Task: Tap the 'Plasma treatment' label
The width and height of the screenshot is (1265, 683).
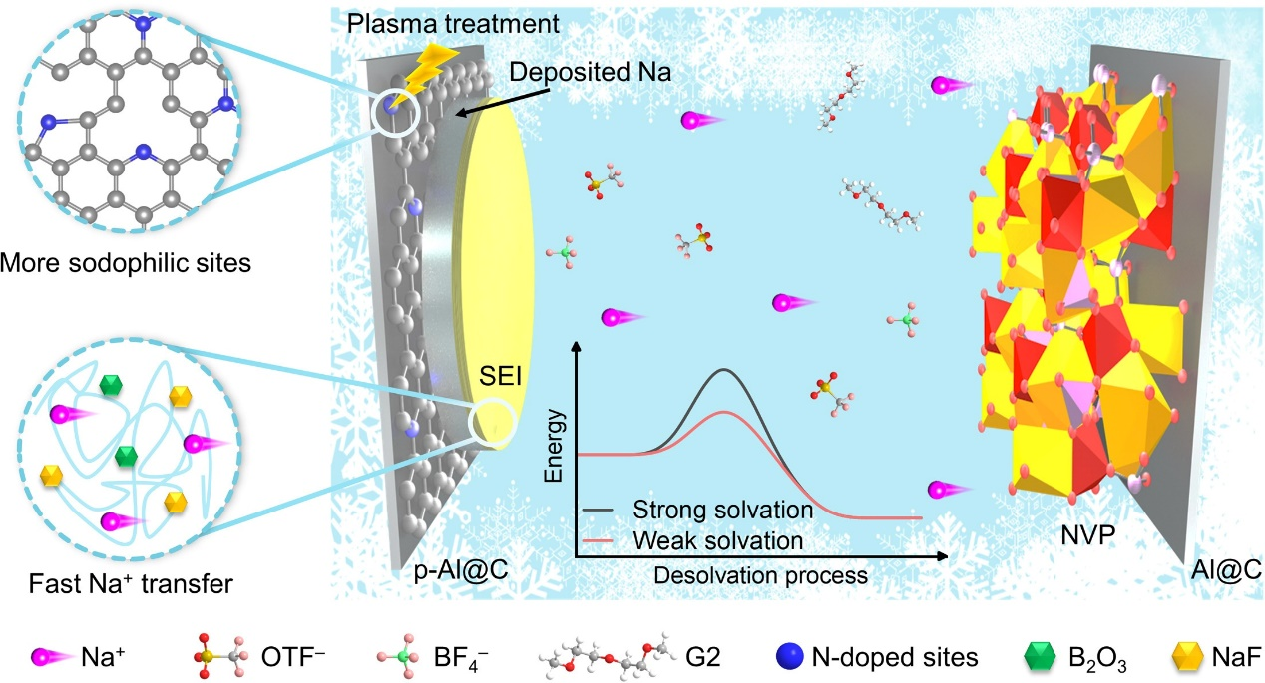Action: tap(453, 24)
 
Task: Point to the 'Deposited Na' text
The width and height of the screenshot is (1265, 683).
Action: tap(591, 72)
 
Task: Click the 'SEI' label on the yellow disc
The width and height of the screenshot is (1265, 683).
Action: tap(500, 375)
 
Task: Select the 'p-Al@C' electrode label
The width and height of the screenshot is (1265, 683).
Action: tap(461, 570)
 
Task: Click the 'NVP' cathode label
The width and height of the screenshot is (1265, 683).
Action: tap(1088, 535)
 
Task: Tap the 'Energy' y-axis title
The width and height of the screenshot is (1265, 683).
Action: tap(554, 446)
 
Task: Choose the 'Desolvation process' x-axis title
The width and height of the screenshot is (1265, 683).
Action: tap(760, 575)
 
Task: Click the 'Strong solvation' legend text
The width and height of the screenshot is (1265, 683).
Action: tap(723, 510)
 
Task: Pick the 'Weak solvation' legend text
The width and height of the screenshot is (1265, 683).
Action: tap(717, 540)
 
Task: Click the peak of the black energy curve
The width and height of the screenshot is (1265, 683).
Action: tap(724, 370)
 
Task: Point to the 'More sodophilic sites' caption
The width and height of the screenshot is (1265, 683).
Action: tap(126, 263)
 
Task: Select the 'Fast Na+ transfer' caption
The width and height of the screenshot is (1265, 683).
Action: tap(131, 584)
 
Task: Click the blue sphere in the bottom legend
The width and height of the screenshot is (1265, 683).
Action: tap(790, 656)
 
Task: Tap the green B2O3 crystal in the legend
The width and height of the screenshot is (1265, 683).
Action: tap(1040, 656)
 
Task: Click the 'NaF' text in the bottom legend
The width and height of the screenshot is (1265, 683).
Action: tap(1236, 657)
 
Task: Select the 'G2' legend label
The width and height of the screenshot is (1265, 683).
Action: tap(703, 657)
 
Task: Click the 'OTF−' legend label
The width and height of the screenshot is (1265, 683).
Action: tap(293, 657)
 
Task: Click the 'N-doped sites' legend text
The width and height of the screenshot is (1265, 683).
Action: tap(895, 657)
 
